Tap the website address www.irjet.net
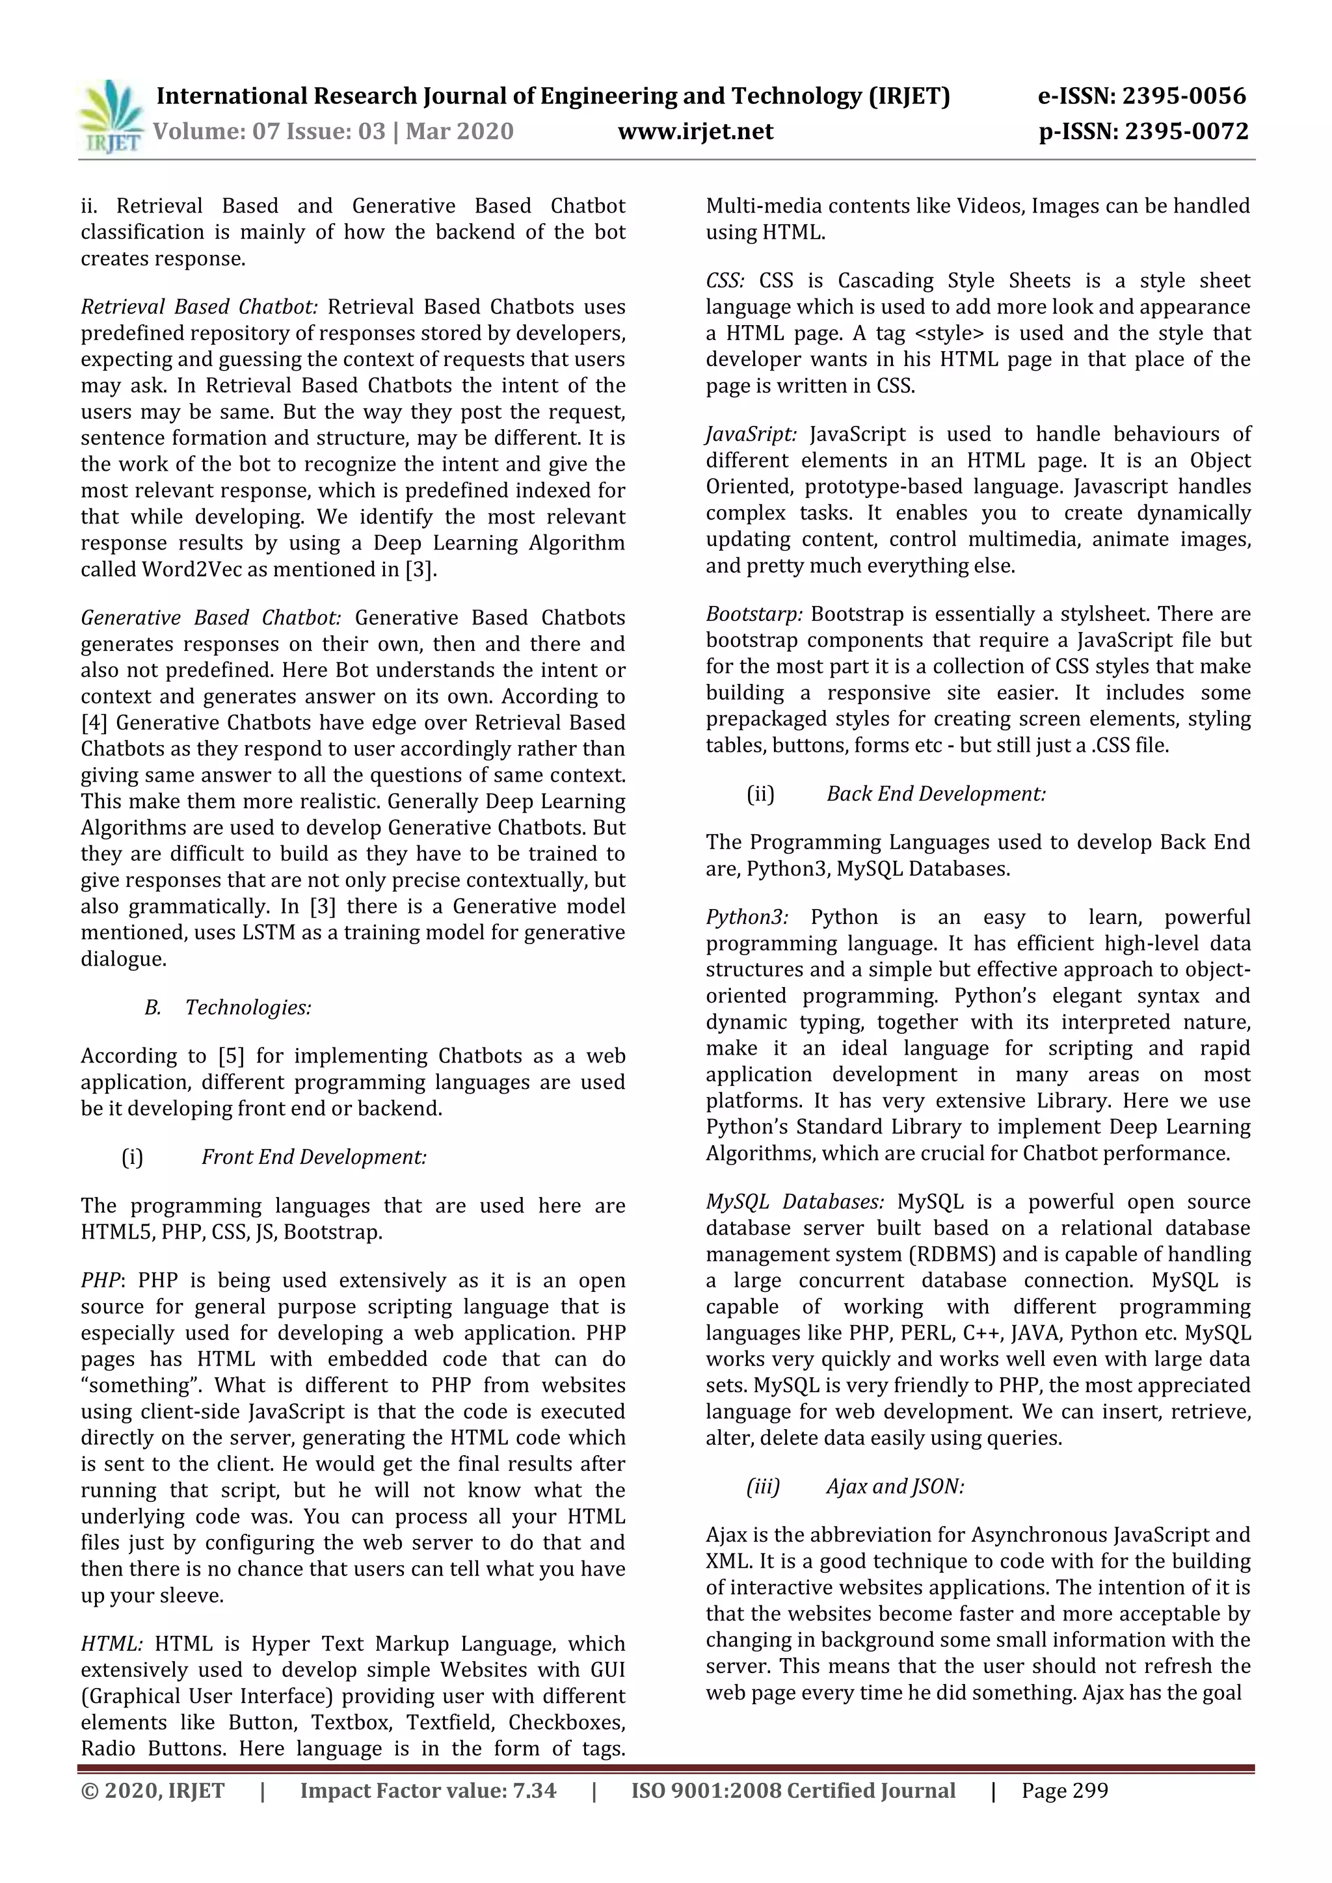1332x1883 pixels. pos(695,131)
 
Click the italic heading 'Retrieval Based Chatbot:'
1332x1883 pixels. pos(198,307)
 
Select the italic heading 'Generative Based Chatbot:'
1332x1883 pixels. pos(211,618)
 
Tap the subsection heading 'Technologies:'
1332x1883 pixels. pos(248,1007)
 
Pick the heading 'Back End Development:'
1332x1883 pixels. pos(936,794)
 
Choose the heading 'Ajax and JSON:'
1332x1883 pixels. pos(895,1486)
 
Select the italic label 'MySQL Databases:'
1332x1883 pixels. pos(795,1202)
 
